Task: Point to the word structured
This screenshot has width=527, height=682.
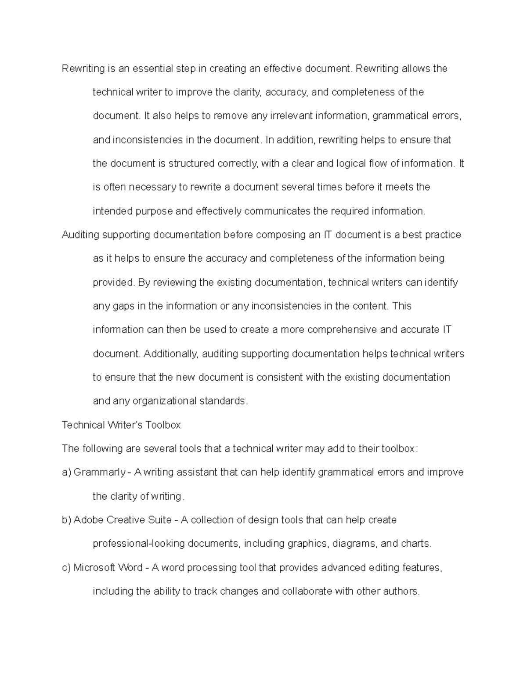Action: [x=191, y=164]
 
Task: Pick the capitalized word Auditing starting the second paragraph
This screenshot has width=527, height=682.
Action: [x=80, y=235]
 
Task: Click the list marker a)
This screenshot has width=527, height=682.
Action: [x=66, y=473]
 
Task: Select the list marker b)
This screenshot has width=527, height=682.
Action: [x=66, y=520]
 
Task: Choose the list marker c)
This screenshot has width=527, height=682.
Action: [x=66, y=568]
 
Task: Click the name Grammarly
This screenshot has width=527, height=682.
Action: [x=99, y=473]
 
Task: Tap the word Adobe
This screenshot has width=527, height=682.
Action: [x=89, y=520]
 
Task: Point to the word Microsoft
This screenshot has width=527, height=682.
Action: [x=94, y=568]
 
